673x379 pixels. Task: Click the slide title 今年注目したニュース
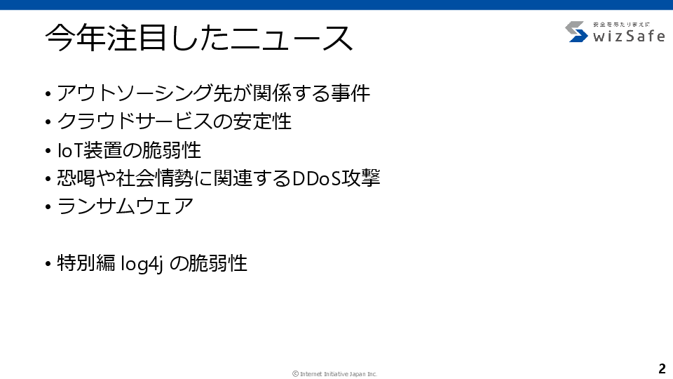198,38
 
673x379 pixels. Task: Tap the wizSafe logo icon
576,32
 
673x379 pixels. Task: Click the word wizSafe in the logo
629,36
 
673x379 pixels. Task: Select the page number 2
662,368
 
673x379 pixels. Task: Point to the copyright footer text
335,374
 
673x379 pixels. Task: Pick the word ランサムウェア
125,206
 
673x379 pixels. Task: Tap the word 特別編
86,263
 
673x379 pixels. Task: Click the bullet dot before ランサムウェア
48,207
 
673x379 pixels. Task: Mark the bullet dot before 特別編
48,264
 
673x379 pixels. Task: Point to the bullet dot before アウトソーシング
48,93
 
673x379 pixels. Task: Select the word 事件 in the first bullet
351,93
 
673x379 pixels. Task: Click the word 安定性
261,121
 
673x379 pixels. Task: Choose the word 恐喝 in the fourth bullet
76,178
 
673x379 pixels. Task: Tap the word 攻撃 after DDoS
360,178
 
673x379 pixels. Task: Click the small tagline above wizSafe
622,25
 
